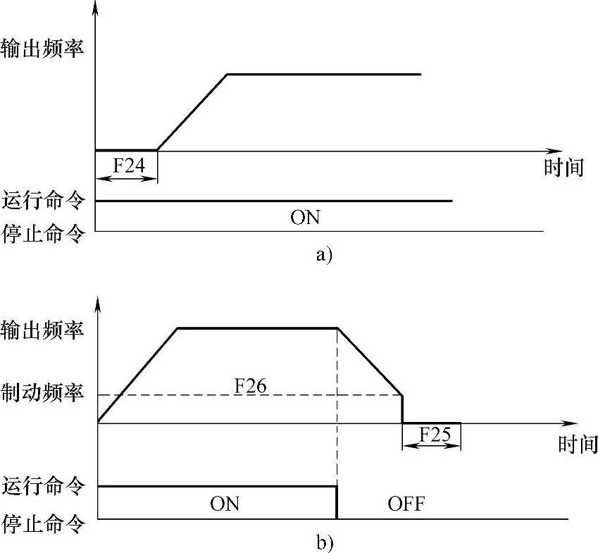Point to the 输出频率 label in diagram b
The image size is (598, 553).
click(x=43, y=330)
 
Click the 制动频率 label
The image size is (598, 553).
click(x=43, y=393)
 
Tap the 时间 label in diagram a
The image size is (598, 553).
click(x=564, y=168)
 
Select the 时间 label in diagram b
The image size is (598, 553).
click(x=577, y=445)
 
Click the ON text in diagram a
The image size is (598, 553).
click(x=305, y=218)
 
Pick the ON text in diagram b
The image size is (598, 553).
click(x=225, y=504)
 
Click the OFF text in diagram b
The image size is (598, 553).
click(x=406, y=504)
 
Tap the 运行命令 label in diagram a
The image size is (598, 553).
click(x=43, y=201)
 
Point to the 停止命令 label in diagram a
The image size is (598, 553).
click(x=43, y=231)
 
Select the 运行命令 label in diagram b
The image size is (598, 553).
click(x=43, y=485)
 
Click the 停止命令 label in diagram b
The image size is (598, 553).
click(x=43, y=524)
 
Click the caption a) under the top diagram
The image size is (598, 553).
click(x=323, y=255)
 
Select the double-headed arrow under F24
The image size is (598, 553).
click(x=127, y=179)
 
